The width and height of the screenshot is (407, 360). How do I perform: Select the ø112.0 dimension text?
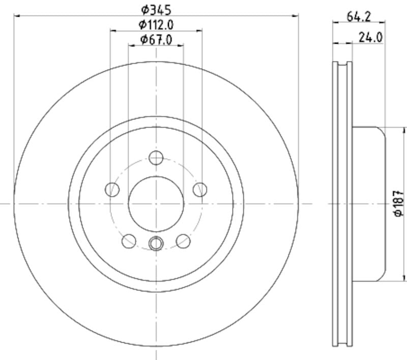(156, 24)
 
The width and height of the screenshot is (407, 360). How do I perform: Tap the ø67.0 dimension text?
(156, 39)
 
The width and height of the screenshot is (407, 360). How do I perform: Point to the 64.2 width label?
(359, 16)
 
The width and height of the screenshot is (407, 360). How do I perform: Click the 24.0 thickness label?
(370, 37)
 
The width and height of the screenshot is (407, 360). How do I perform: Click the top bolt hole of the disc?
(156, 158)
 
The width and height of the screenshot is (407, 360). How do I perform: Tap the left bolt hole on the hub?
(112, 190)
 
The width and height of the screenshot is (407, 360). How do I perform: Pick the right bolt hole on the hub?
(200, 190)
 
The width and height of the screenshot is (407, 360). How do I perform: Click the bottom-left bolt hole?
(129, 241)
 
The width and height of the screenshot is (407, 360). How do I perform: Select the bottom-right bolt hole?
(183, 241)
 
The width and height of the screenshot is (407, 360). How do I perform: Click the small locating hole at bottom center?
(156, 244)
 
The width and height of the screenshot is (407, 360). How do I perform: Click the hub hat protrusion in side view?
(369, 203)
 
